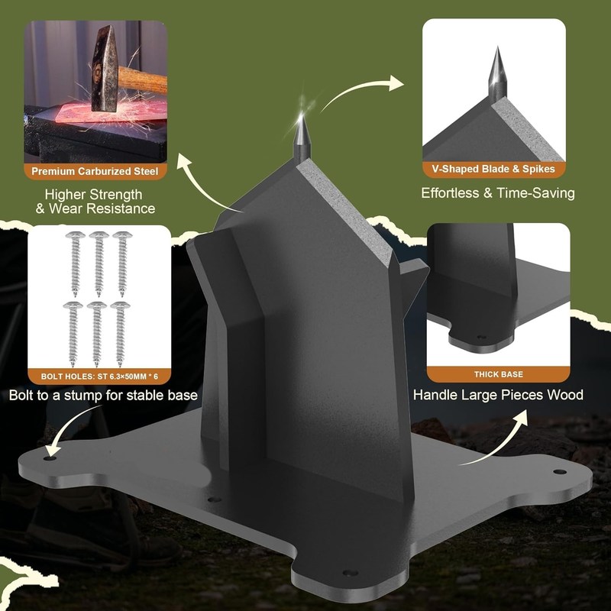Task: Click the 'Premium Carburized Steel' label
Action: pyautogui.click(x=95, y=171)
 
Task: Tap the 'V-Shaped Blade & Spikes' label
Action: pyautogui.click(x=493, y=169)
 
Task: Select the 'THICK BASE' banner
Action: pyautogui.click(x=499, y=374)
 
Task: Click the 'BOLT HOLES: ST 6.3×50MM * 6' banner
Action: pyautogui.click(x=99, y=377)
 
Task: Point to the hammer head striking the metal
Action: pyautogui.click(x=105, y=68)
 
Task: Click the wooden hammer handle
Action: pyautogui.click(x=143, y=80)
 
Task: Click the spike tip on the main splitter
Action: pyautogui.click(x=301, y=114)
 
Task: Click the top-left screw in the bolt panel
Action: pyautogui.click(x=75, y=263)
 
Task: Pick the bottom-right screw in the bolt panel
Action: pyautogui.click(x=120, y=335)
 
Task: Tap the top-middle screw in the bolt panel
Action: pyautogui.click(x=99, y=263)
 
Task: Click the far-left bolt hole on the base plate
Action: pyautogui.click(x=50, y=458)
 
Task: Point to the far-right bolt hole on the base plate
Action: pyautogui.click(x=560, y=472)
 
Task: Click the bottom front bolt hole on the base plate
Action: pyautogui.click(x=350, y=574)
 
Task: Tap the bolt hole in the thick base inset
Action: pyautogui.click(x=482, y=337)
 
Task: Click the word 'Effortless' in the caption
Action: pyautogui.click(x=449, y=193)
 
